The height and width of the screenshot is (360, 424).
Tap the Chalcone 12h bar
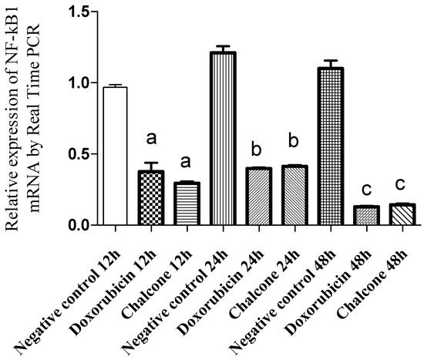(187, 204)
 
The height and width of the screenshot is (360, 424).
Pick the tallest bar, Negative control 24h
(222, 139)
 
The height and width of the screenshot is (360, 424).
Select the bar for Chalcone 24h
(294, 196)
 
